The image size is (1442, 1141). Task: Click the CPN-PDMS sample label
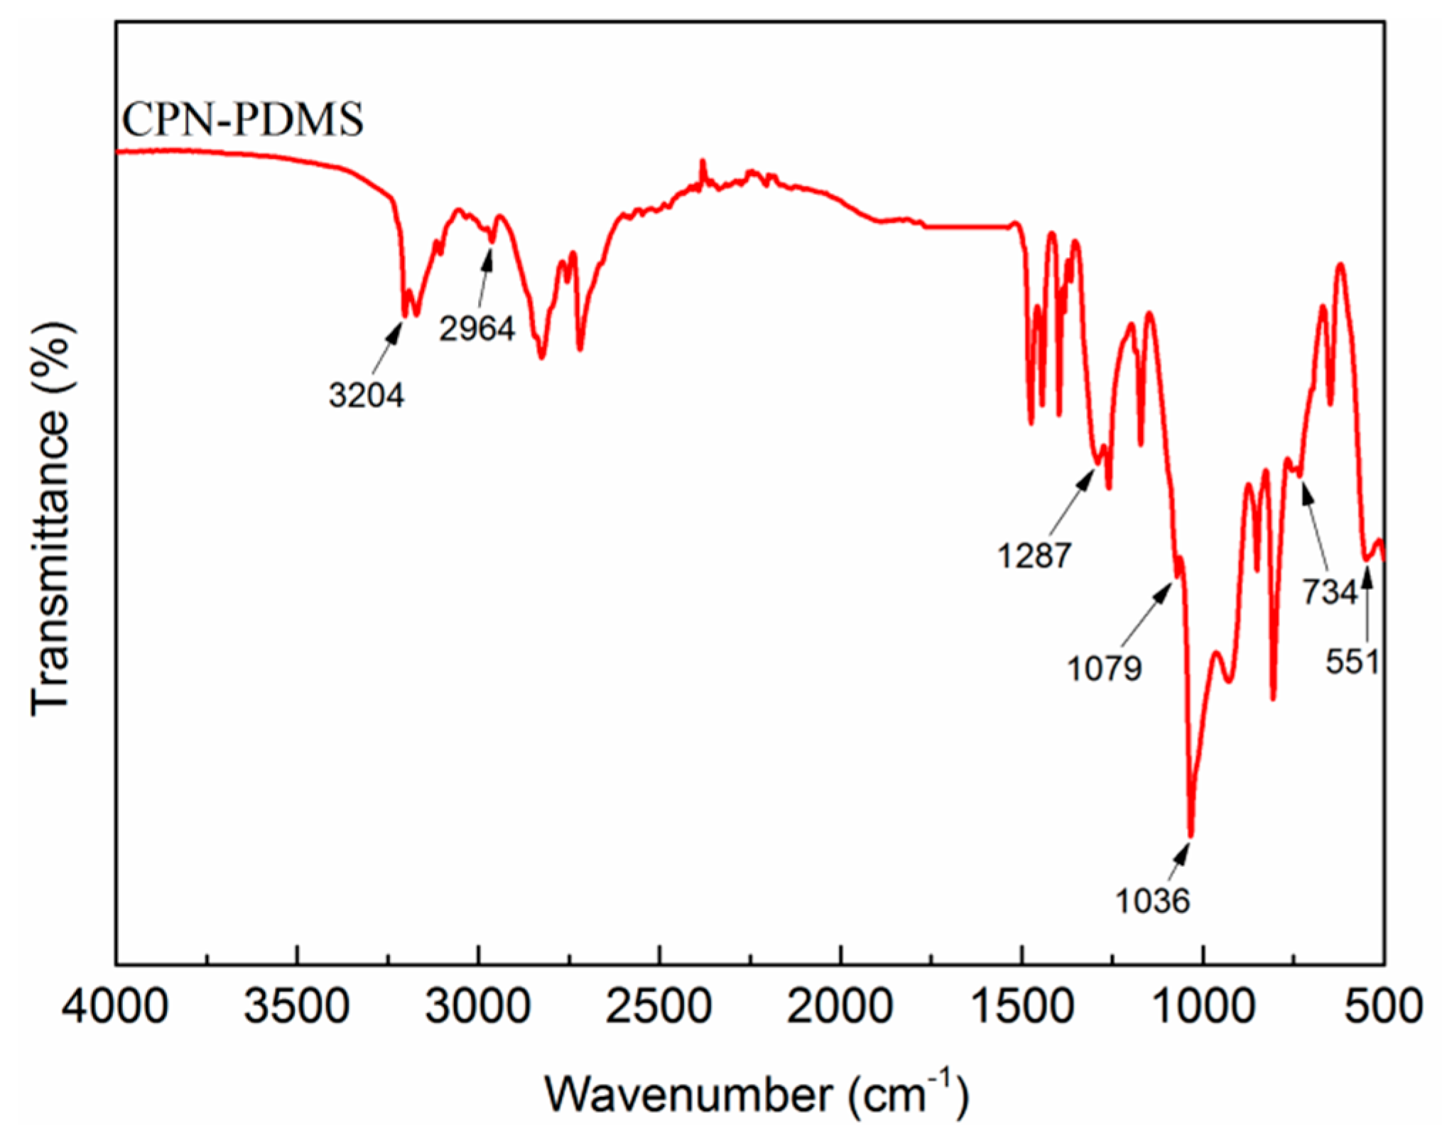(x=243, y=119)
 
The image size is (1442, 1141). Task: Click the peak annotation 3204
(x=367, y=395)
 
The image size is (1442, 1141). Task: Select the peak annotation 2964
(x=477, y=329)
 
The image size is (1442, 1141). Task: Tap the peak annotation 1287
(x=1034, y=555)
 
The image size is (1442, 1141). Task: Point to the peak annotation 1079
(x=1105, y=668)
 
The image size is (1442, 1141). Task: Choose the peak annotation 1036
(x=1152, y=901)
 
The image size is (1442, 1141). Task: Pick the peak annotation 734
(x=1329, y=591)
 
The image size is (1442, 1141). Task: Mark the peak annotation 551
(x=1352, y=662)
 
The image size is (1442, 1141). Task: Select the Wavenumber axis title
(x=757, y=1093)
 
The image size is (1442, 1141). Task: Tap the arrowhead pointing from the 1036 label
(x=1185, y=851)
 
